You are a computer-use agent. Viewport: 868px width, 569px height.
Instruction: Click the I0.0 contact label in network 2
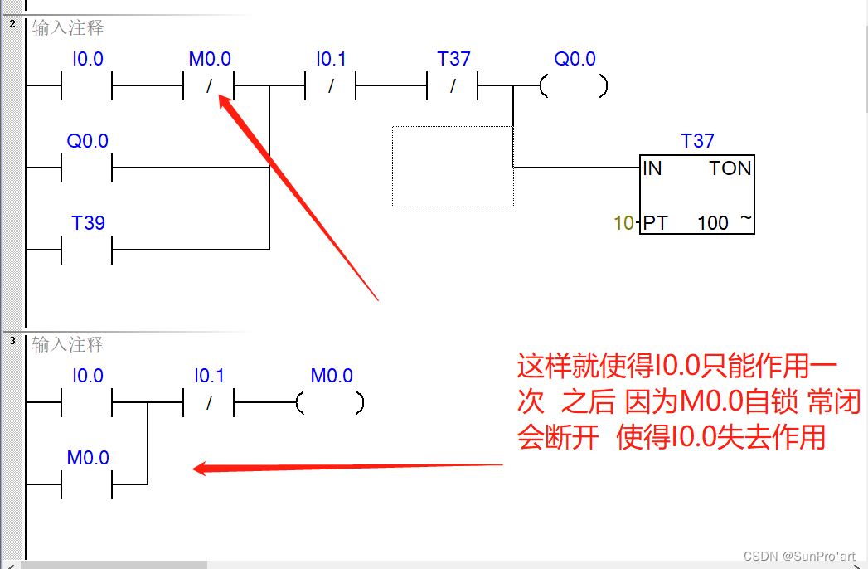87,59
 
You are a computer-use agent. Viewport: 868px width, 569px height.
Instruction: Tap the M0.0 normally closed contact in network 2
209,85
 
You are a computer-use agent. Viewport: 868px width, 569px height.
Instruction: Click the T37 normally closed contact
453,85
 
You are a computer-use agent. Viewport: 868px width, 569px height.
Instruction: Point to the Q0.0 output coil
574,85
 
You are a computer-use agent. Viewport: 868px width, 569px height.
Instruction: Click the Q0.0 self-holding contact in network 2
87,167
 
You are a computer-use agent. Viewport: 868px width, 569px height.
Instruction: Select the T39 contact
87,248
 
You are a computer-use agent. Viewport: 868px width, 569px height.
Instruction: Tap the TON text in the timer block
730,168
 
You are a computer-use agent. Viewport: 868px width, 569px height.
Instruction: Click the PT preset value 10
623,223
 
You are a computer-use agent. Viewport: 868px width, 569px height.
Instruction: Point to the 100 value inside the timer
712,223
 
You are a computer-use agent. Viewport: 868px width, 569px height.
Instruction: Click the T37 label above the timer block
697,141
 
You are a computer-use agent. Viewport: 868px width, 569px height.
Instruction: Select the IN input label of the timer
653,168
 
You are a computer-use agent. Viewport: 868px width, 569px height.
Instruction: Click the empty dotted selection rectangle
453,167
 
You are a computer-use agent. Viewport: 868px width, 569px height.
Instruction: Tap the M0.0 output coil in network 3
331,403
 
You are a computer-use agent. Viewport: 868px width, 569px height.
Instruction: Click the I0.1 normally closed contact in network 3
209,403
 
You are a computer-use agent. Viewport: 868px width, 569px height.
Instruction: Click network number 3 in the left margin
12,341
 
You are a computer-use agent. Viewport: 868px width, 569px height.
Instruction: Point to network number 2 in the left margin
12,23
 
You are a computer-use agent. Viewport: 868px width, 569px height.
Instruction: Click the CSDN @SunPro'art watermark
799,555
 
